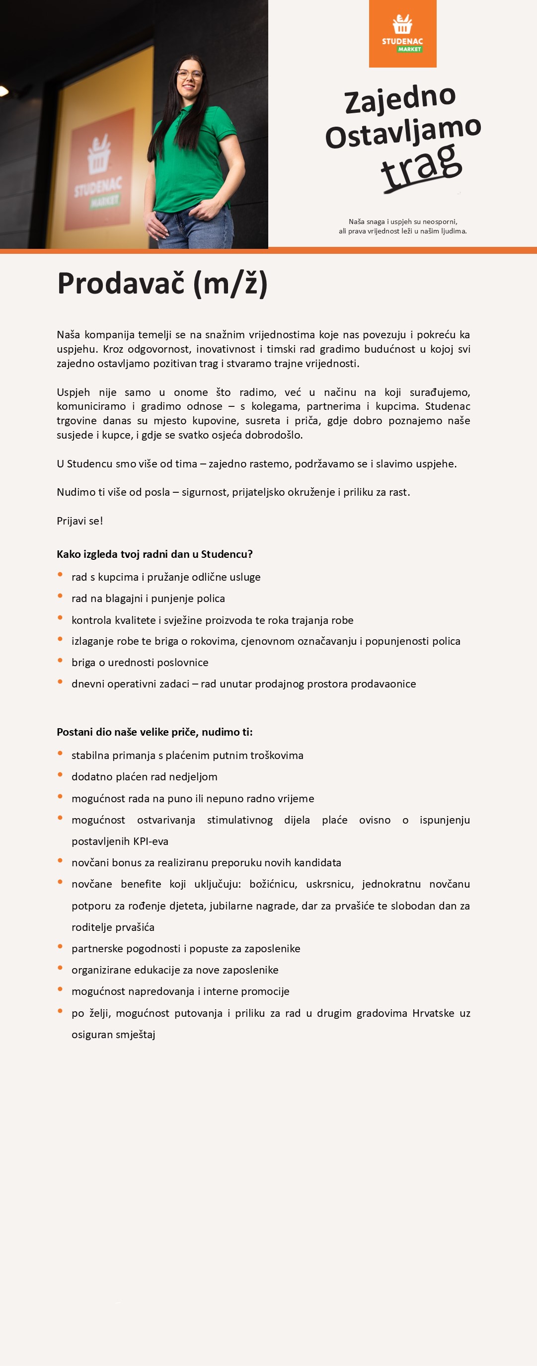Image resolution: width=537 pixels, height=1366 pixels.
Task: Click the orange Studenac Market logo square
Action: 402,33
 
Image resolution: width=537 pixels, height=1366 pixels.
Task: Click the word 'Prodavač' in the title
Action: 121,283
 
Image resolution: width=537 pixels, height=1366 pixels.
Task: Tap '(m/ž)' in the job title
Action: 230,283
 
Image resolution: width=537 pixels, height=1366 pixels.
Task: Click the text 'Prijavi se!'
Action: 80,521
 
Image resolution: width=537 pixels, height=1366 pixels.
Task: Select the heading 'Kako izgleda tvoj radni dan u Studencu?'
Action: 154,554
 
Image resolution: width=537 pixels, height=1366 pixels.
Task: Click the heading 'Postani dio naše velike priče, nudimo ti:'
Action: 154,732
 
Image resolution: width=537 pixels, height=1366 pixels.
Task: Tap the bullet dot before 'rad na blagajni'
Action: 61,596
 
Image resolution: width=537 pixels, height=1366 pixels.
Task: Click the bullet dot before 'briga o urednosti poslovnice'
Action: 61,660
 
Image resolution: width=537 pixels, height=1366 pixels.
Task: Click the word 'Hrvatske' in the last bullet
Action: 433,1013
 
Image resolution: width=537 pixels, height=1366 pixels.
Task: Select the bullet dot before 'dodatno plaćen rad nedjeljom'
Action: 61,775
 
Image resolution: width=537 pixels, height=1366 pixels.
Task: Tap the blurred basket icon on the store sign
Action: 99,155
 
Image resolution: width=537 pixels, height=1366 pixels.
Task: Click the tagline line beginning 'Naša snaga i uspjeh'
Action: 402,222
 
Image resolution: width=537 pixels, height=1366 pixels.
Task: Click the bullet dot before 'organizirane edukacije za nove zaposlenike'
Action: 61,968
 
